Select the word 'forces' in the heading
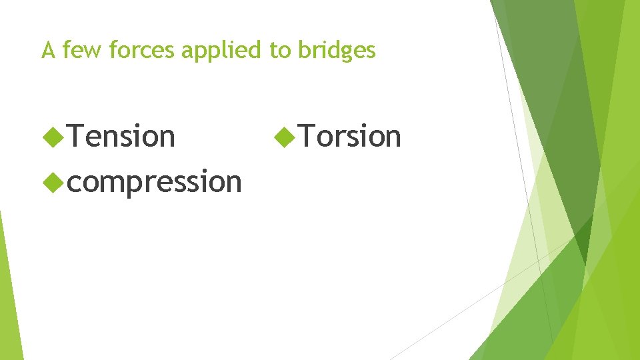pyautogui.click(x=134, y=50)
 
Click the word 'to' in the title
pyautogui.click(x=279, y=50)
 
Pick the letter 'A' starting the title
pyautogui.click(x=47, y=50)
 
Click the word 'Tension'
pyautogui.click(x=121, y=137)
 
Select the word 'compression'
pyautogui.click(x=154, y=181)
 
